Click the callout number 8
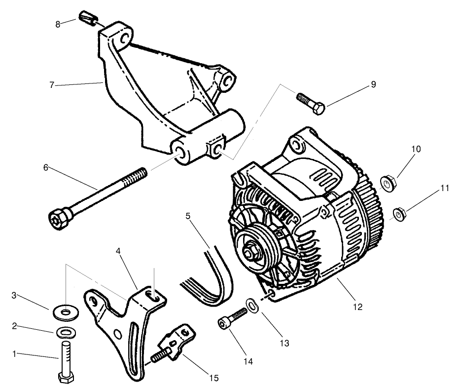[58, 24]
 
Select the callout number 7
[52, 85]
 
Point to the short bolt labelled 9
[310, 103]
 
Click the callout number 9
[373, 84]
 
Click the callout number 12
[358, 307]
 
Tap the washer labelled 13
[250, 305]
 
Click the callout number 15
[213, 378]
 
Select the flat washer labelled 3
[65, 312]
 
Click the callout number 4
[118, 250]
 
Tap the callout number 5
[188, 216]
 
